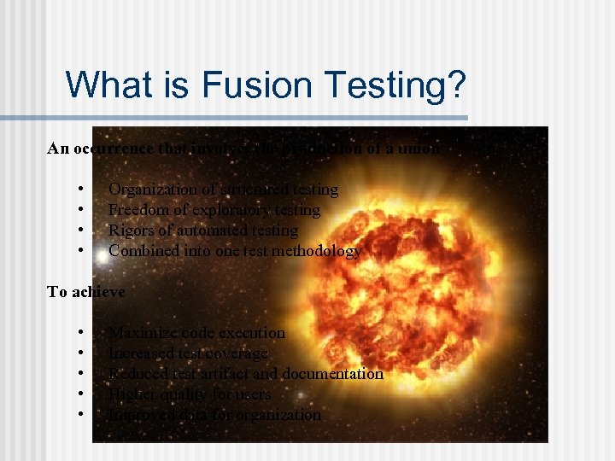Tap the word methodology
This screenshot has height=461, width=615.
(320, 251)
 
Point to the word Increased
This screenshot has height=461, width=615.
(142, 353)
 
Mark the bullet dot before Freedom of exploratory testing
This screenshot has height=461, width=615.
(79, 210)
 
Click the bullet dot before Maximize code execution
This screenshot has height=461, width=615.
(79, 333)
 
